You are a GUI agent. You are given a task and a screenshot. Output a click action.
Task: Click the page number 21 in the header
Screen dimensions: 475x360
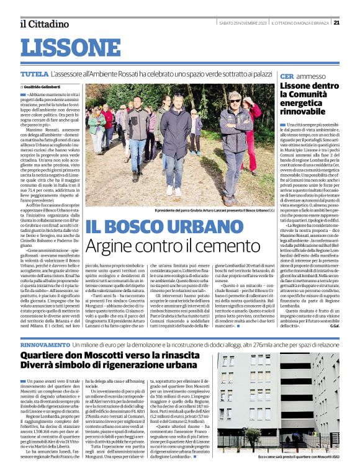pos(353,23)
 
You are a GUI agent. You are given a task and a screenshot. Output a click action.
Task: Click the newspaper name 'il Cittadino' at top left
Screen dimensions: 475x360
pos(43,24)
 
